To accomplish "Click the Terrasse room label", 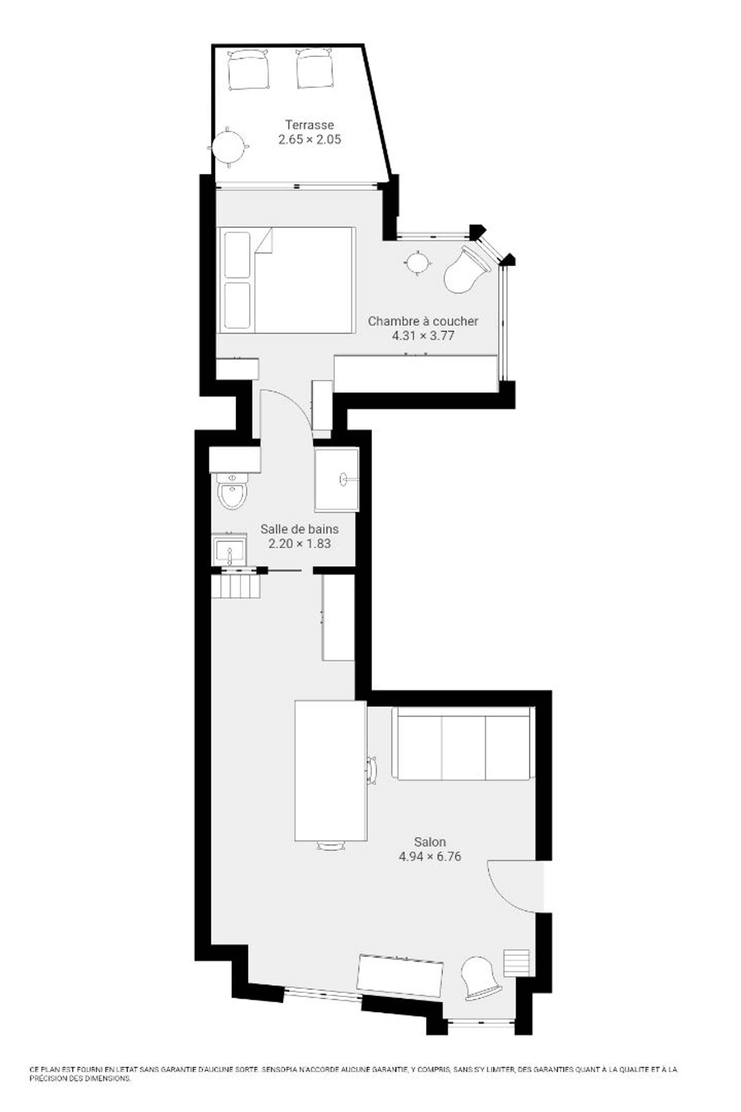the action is tap(310, 125).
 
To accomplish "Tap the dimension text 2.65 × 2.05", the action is tap(310, 139).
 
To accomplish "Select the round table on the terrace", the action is tap(229, 147).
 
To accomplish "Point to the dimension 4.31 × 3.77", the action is tap(423, 336).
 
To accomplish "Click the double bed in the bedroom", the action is tap(286, 280).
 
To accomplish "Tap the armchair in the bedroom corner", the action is tap(465, 270).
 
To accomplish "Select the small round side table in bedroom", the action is tap(417, 263).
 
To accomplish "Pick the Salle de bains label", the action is tap(299, 529).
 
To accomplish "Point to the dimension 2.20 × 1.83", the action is tap(299, 544).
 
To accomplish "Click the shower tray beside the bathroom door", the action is tap(337, 480).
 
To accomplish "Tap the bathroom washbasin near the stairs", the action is tap(230, 549).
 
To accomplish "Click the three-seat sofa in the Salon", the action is tap(464, 743).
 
